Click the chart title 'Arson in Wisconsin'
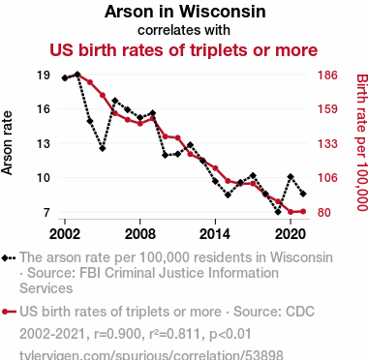[x=185, y=12]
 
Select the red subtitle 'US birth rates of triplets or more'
[x=184, y=50]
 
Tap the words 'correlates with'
[x=184, y=30]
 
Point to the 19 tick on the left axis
[x=44, y=75]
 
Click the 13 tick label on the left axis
[x=44, y=143]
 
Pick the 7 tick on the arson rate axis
[x=47, y=212]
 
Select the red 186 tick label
[x=327, y=75]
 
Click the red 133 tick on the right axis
[x=327, y=143]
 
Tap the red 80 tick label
[x=324, y=212]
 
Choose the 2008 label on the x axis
[x=140, y=234]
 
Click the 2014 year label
[x=215, y=234]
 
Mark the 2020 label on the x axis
[x=291, y=234]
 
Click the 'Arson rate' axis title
[x=7, y=143]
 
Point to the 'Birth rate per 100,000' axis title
[x=362, y=142]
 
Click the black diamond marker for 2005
[x=103, y=148]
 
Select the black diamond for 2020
[x=291, y=176]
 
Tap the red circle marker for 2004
[x=90, y=82]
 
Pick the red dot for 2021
[x=303, y=211]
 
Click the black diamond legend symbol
[x=9, y=258]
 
